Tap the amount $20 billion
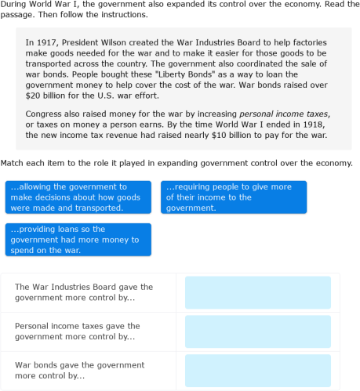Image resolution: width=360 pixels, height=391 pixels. point(49,95)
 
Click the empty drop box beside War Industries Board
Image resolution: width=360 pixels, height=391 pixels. point(257,292)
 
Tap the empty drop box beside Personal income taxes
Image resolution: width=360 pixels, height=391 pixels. point(257,331)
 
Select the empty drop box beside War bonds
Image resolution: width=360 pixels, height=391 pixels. point(257,370)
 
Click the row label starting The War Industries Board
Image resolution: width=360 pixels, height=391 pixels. point(84,292)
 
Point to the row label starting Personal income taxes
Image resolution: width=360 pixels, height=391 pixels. point(78,331)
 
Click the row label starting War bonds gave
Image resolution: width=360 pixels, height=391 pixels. point(79,370)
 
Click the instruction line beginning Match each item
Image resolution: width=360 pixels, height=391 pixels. point(176,164)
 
